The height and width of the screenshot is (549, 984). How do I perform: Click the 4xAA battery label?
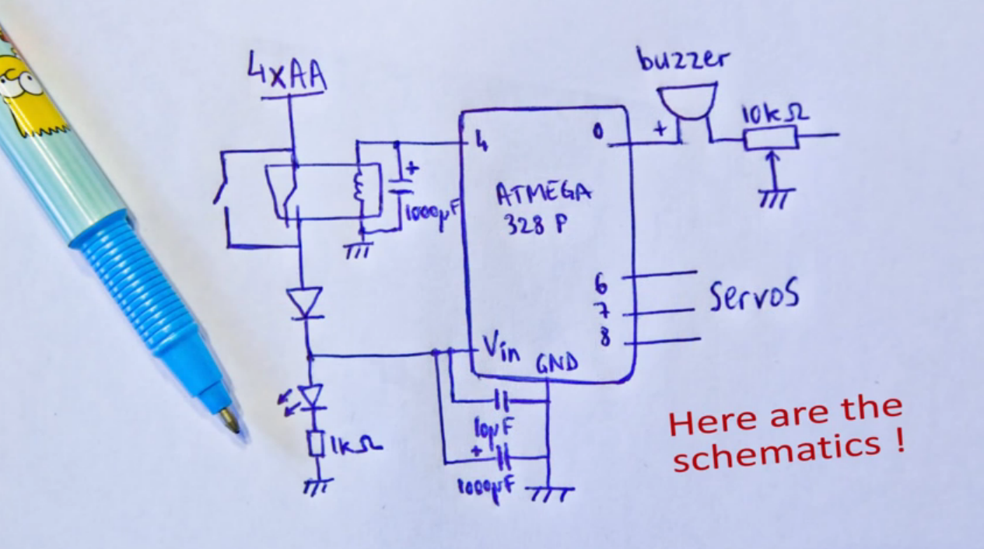(287, 75)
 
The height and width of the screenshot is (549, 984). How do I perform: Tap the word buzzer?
(684, 59)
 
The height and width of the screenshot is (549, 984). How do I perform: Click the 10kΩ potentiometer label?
(775, 114)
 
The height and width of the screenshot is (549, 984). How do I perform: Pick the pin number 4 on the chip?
(481, 142)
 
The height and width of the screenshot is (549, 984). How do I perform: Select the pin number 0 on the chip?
(597, 133)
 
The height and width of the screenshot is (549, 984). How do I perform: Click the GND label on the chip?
(557, 363)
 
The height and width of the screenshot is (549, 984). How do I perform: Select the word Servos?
(754, 295)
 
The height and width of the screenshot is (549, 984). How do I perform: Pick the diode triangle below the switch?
(304, 301)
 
